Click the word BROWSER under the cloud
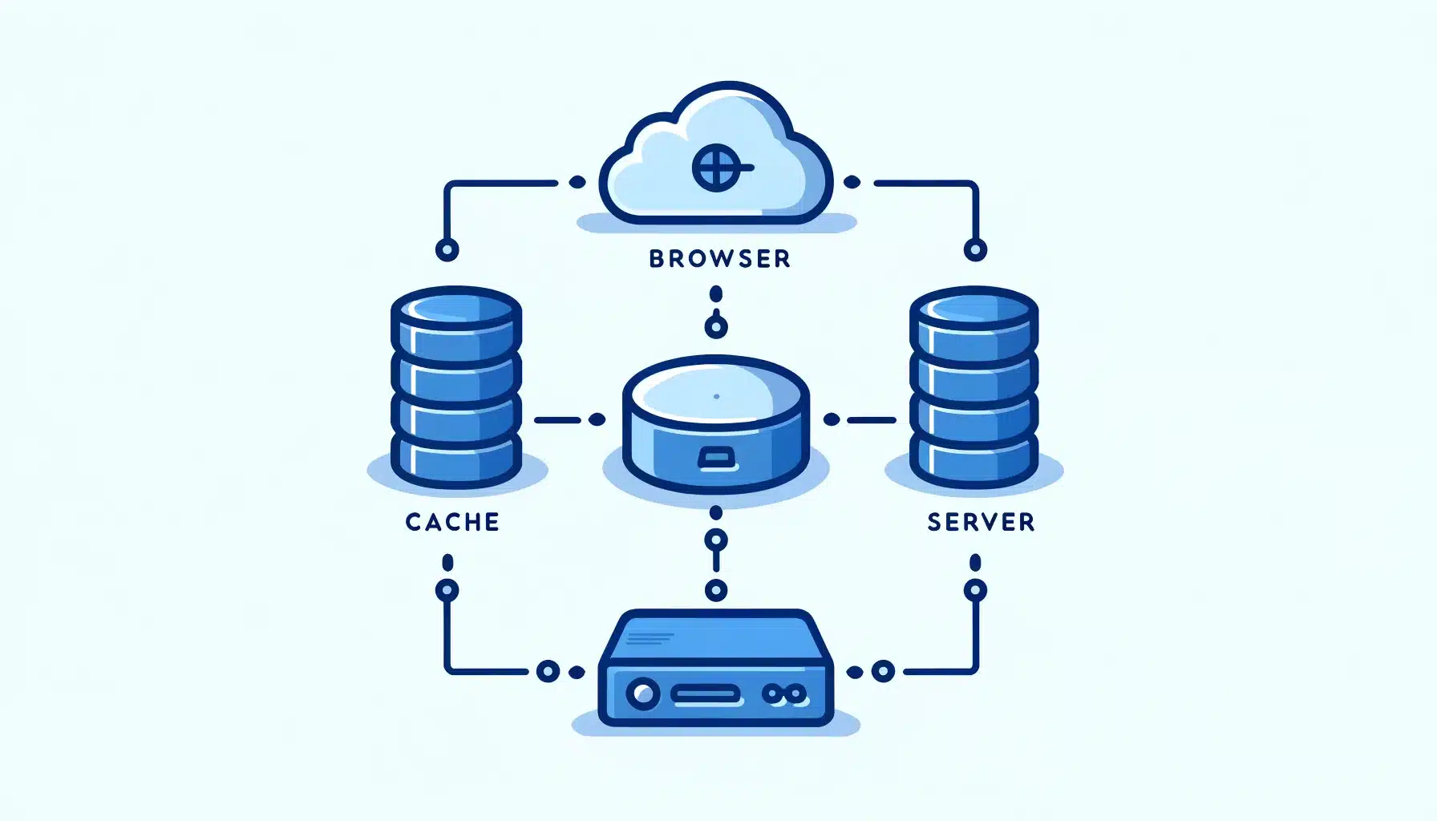pos(719,258)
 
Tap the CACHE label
pos(452,522)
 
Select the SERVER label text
pos(981,522)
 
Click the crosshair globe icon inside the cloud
pos(716,168)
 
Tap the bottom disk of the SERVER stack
pos(974,460)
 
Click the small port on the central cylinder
pos(716,458)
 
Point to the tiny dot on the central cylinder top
pos(716,396)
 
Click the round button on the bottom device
pos(642,694)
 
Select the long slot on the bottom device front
pos(706,694)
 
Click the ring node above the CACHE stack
pos(447,249)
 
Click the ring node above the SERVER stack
pos(975,250)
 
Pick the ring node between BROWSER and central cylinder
pos(716,326)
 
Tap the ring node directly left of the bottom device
pos(548,671)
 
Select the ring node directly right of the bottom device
pos(883,671)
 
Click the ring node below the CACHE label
pos(447,591)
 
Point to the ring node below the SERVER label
pos(975,591)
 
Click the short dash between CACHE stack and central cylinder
pos(557,419)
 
